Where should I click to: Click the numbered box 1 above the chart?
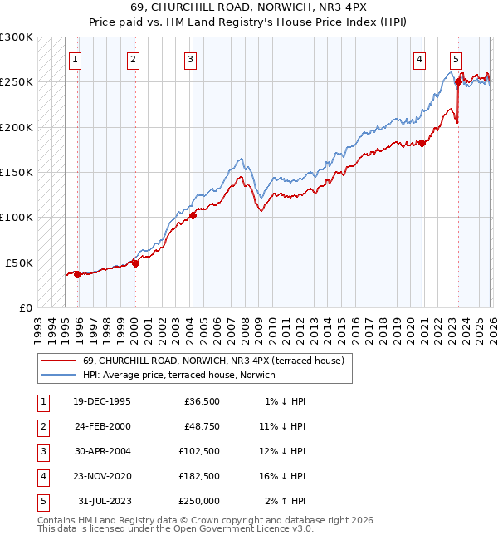[x=75, y=59]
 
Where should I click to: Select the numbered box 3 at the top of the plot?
[x=191, y=59]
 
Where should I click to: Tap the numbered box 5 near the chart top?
[x=456, y=59]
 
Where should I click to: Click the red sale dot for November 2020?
[x=422, y=143]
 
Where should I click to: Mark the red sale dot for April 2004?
[x=193, y=215]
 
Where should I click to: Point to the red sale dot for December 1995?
[x=77, y=274]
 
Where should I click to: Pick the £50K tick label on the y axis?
[x=19, y=263]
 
